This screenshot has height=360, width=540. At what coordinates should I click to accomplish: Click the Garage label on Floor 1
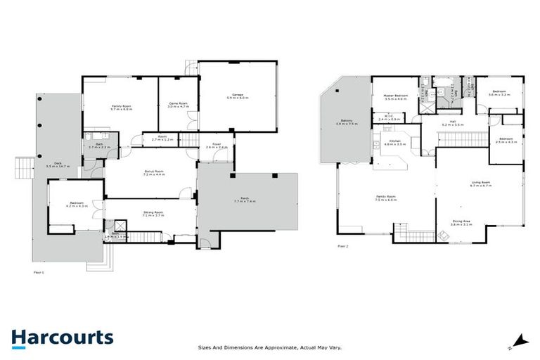point(237,96)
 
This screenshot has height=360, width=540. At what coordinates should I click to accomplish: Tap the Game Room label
point(178,105)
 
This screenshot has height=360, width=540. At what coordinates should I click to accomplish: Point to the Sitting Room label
point(153,212)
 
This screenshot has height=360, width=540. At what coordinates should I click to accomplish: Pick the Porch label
point(245,200)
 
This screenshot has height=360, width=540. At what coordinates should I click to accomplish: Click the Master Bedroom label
point(397,96)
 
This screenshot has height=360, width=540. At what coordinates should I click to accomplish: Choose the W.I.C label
point(389,117)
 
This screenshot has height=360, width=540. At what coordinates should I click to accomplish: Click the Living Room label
point(481,185)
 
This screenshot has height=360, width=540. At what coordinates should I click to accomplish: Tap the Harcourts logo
point(62,337)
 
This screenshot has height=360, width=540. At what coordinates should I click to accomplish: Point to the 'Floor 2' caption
point(342,247)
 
